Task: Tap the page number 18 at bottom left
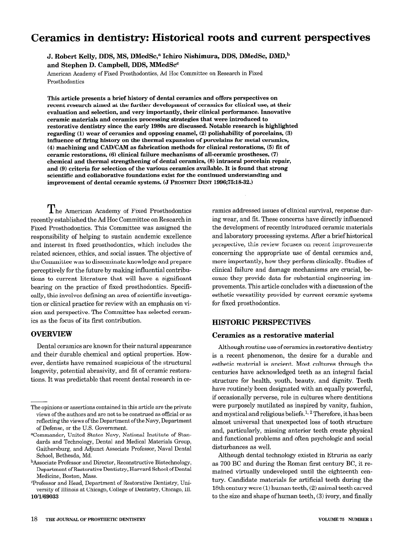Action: pos(34,519)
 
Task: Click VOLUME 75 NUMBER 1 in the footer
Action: pos(345,519)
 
